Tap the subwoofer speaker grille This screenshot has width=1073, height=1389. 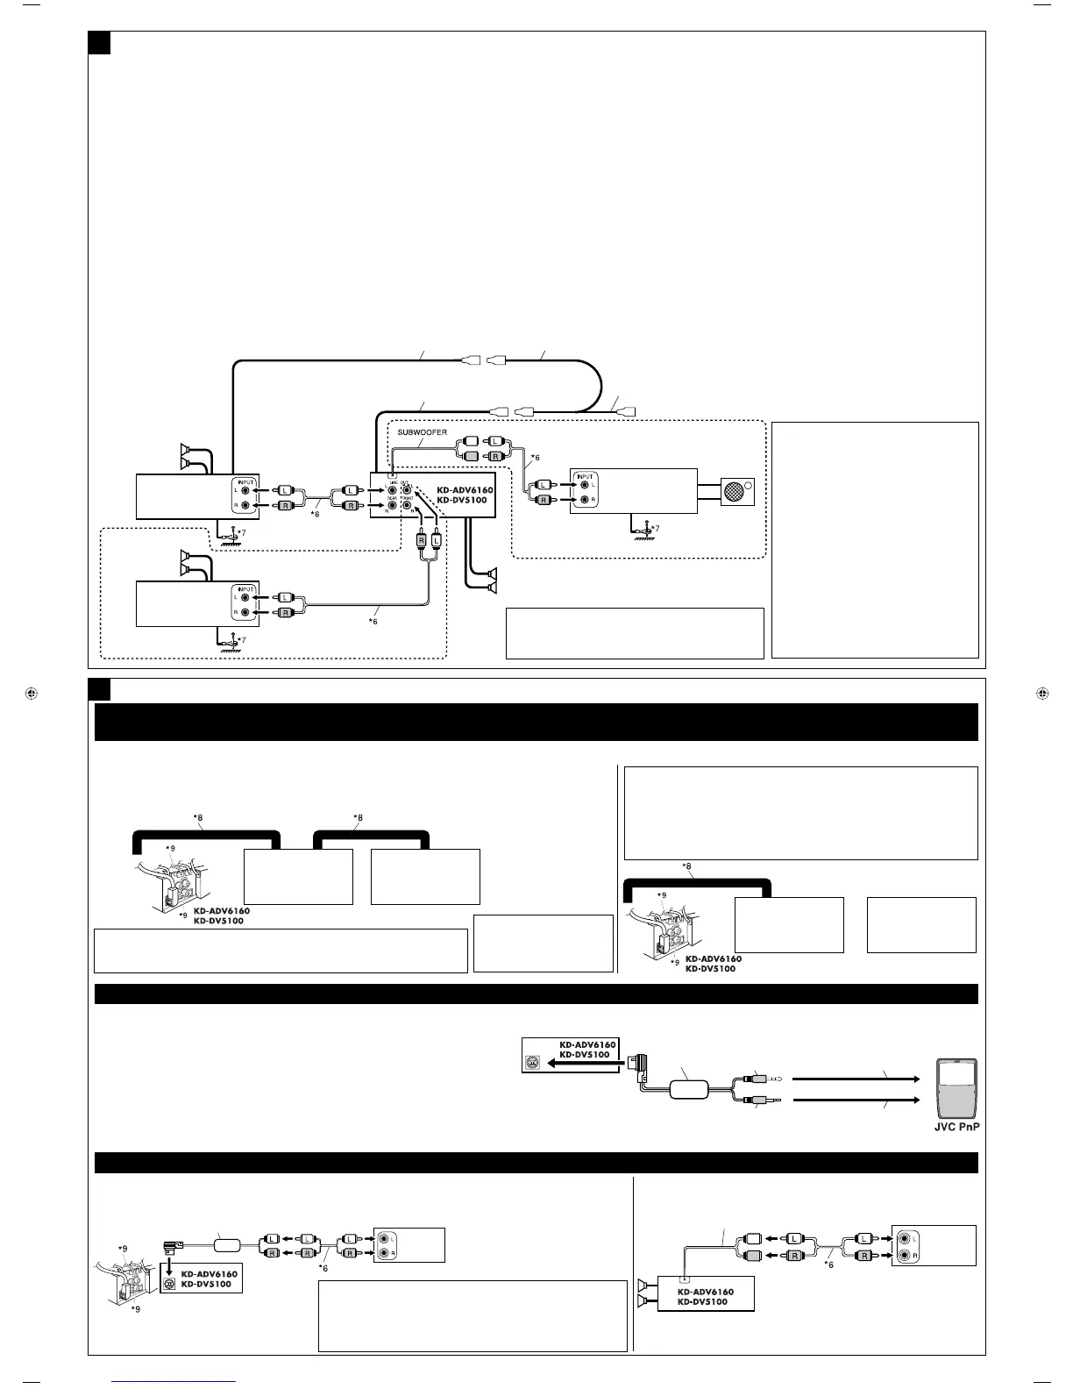tap(736, 491)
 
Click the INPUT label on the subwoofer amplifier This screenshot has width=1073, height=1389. tap(585, 477)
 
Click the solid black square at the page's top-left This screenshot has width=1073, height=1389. tap(99, 42)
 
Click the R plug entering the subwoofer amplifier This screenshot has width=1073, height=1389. tap(543, 500)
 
